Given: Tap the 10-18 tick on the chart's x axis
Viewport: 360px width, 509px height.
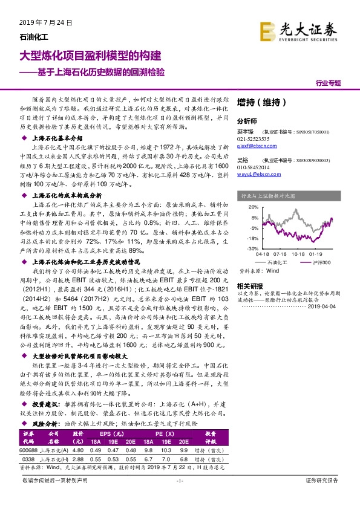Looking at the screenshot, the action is pyautogui.click(x=299, y=255).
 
